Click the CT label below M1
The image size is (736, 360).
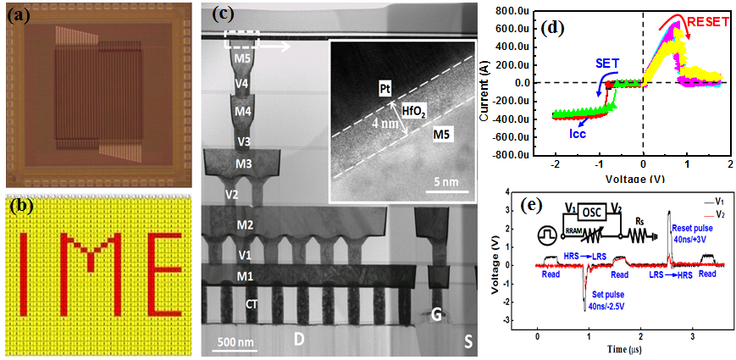[x=252, y=303]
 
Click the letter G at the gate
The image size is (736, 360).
[x=437, y=315]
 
